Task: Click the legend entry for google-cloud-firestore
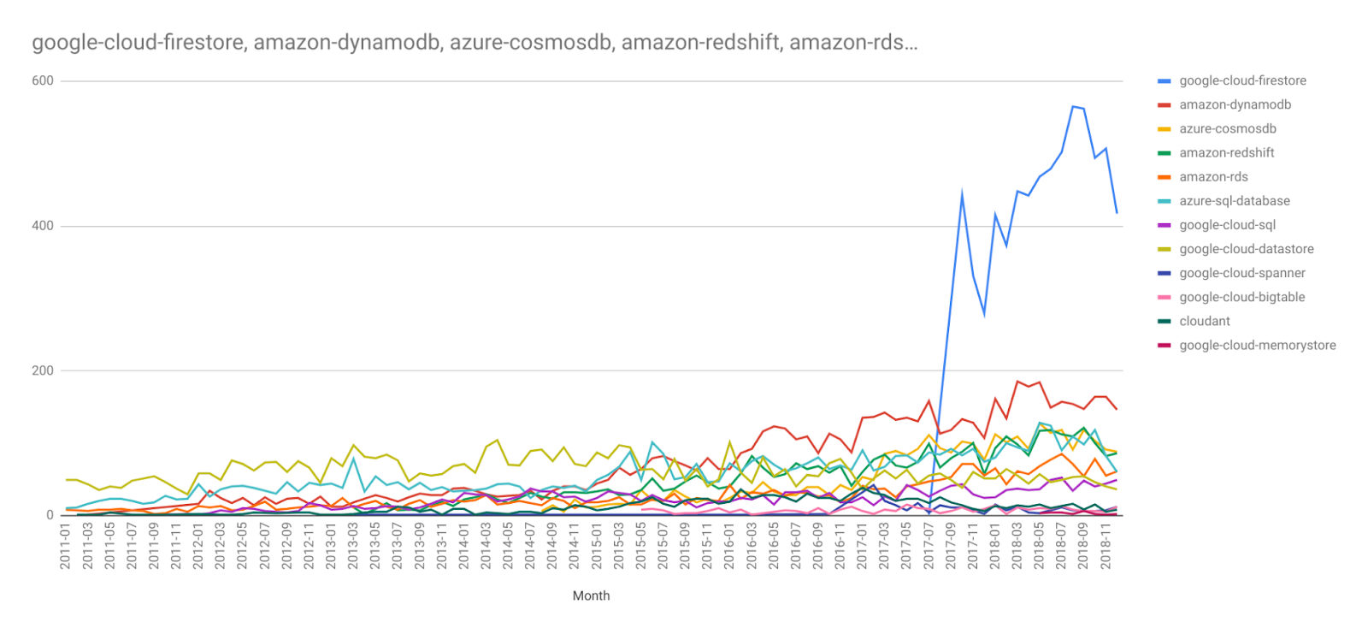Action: click(x=1242, y=80)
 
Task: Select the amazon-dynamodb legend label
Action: click(x=1235, y=104)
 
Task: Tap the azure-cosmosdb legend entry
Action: click(x=1227, y=128)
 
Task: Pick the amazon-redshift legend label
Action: click(x=1226, y=152)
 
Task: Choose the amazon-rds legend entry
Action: click(x=1213, y=177)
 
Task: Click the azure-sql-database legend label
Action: click(x=1235, y=201)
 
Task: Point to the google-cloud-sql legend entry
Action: click(x=1227, y=225)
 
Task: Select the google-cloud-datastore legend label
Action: click(x=1246, y=249)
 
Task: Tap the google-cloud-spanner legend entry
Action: click(x=1241, y=273)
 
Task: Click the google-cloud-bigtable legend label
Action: click(x=1241, y=297)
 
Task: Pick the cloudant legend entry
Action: click(x=1204, y=321)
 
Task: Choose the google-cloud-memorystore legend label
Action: click(x=1257, y=345)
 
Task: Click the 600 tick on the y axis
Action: click(x=43, y=80)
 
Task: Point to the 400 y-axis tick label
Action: click(x=43, y=226)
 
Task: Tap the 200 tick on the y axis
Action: click(x=43, y=370)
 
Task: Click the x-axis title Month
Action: click(x=591, y=595)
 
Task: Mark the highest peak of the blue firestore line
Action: click(x=1073, y=106)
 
